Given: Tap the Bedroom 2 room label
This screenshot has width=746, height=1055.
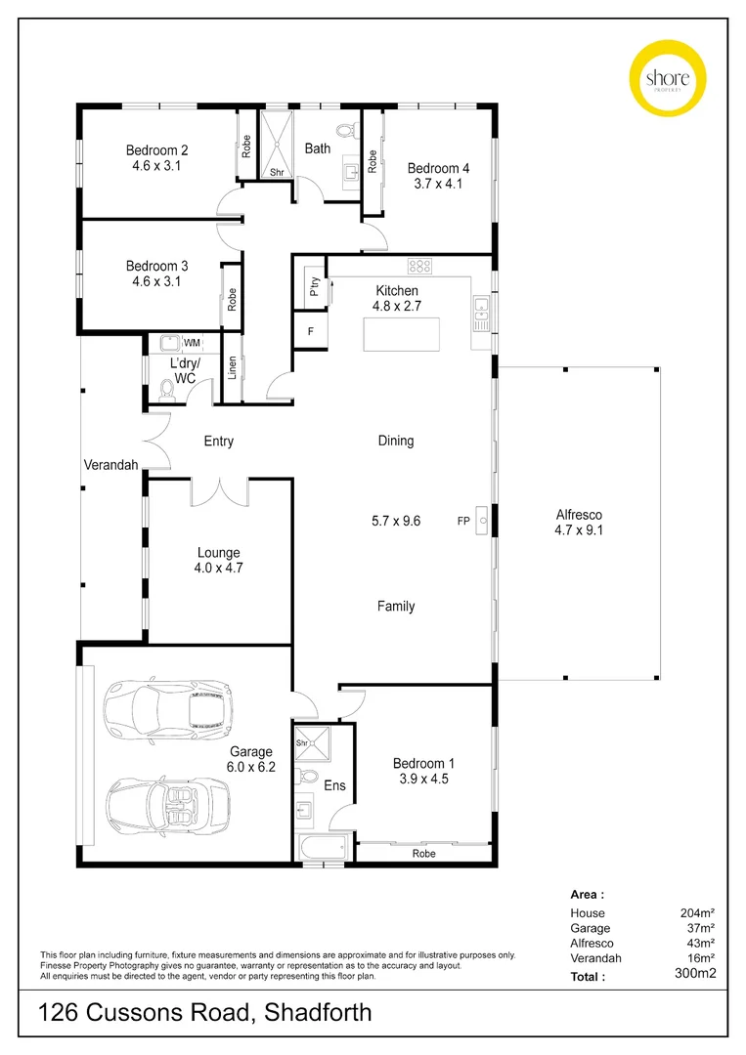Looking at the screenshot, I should pyautogui.click(x=156, y=150).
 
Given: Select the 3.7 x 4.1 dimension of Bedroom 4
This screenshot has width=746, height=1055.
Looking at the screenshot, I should pyautogui.click(x=438, y=183).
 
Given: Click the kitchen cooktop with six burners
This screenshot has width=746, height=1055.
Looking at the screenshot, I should pyautogui.click(x=420, y=264).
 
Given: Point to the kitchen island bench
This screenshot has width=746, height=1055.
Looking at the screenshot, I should pyautogui.click(x=401, y=334).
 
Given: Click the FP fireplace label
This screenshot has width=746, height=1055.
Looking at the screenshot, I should pyautogui.click(x=463, y=521).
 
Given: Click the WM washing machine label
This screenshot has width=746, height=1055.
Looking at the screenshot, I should pyautogui.click(x=192, y=342).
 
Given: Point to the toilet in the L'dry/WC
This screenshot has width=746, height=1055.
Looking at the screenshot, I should pyautogui.click(x=165, y=393).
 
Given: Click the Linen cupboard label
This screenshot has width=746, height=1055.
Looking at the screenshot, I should pyautogui.click(x=233, y=368).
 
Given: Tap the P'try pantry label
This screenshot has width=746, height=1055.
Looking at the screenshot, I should pyautogui.click(x=315, y=287).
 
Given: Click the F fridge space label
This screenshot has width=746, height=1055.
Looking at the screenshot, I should pyautogui.click(x=310, y=331).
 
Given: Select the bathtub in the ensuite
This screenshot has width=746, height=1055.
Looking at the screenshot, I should pyautogui.click(x=321, y=847).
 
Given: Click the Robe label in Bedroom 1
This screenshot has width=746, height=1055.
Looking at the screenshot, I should pyautogui.click(x=423, y=853).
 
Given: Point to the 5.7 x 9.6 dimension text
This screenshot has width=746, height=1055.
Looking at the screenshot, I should pyautogui.click(x=397, y=521).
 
